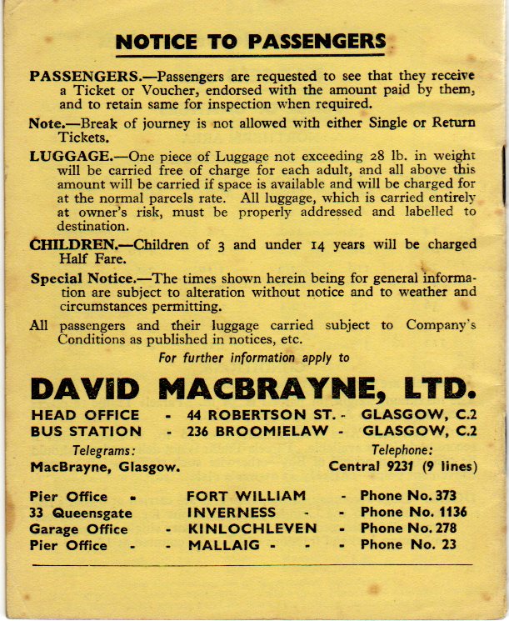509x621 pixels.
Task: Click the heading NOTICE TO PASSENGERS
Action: tap(251, 42)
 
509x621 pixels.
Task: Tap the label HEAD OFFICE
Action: tap(85, 415)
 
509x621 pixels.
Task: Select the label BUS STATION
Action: tap(86, 432)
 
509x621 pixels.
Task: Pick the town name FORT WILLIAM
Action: tap(247, 496)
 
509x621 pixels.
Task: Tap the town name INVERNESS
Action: tap(231, 513)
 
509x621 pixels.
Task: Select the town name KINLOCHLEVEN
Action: tap(252, 529)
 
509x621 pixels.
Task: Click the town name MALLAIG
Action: tap(221, 546)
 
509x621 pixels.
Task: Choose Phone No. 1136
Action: tap(413, 513)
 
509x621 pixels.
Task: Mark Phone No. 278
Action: tap(408, 529)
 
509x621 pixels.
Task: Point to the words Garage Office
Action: tap(79, 529)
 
